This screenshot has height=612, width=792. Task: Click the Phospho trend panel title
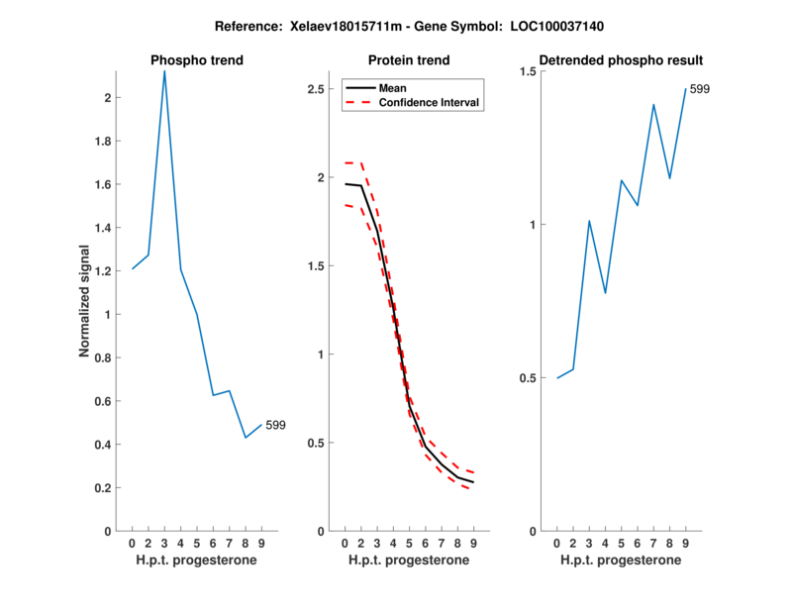coord(197,60)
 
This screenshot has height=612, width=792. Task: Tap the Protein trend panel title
coord(409,60)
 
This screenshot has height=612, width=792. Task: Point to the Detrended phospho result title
coord(621,60)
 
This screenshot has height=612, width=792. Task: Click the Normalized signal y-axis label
coord(86,301)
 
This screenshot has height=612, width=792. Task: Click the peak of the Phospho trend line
coord(164,71)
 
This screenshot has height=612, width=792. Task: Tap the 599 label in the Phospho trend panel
coord(275,425)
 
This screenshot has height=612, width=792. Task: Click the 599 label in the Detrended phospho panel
coord(700,89)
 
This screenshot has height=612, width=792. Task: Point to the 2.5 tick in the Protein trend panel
coord(316,89)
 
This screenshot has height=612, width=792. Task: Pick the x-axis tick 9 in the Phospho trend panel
coord(261,543)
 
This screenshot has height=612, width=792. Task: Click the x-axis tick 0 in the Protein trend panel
coord(345,543)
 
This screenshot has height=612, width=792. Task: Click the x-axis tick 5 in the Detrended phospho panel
coord(621,543)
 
